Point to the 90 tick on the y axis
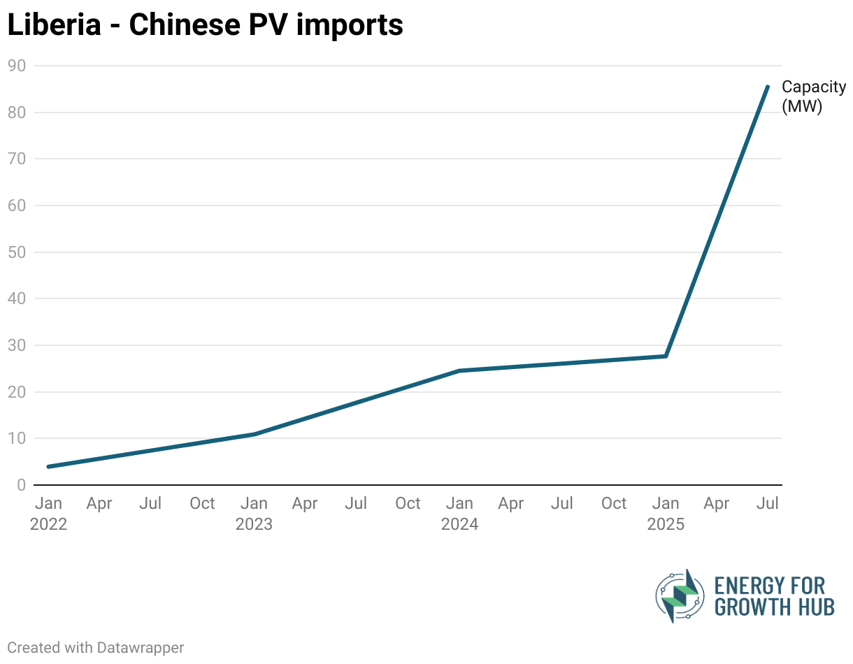[x=17, y=66]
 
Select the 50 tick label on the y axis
[x=17, y=252]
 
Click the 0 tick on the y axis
[x=22, y=485]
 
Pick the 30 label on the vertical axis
[x=17, y=345]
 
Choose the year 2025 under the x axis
[x=666, y=524]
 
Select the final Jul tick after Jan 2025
[x=768, y=504]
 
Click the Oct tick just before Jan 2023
[x=202, y=504]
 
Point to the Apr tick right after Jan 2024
[x=511, y=504]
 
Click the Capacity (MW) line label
[x=813, y=96]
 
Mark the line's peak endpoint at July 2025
[x=768, y=87]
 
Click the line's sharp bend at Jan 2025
[x=666, y=356]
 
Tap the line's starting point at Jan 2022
[x=48, y=466]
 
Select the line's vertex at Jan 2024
[x=459, y=370]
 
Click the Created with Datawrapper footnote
[x=96, y=648]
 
